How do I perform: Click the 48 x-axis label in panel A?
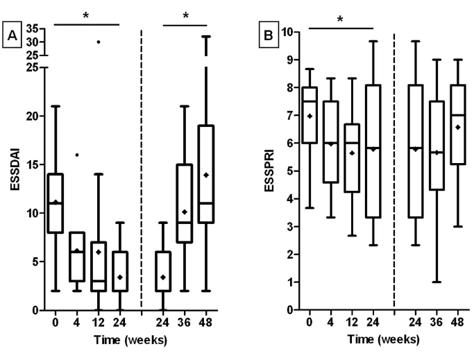[206, 323]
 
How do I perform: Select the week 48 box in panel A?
[206, 185]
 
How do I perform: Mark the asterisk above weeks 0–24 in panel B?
[340, 19]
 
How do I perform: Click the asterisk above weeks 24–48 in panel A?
[185, 15]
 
